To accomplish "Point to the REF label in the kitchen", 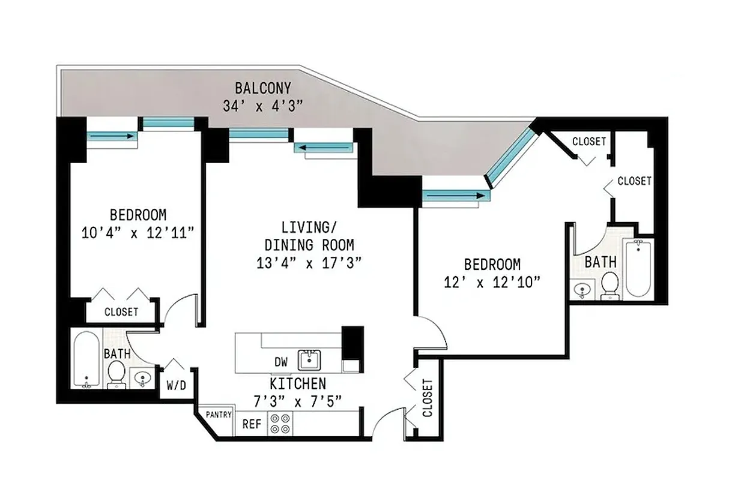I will point(252,424).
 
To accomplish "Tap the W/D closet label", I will point(175,385).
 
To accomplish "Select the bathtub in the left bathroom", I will point(85,358).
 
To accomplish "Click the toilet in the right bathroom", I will point(610,284).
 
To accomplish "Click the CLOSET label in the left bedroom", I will point(121,312).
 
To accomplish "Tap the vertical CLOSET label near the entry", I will point(428,398).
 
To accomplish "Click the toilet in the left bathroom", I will point(116,373).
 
